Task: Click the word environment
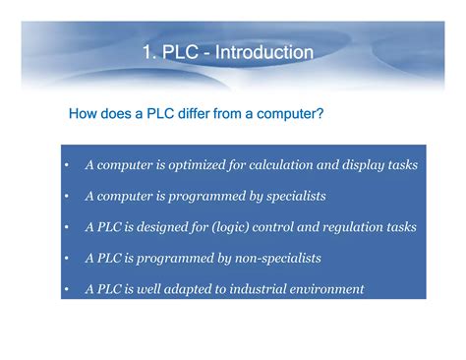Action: (x=329, y=290)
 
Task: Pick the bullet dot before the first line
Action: (x=65, y=165)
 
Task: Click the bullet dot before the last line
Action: (x=65, y=291)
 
